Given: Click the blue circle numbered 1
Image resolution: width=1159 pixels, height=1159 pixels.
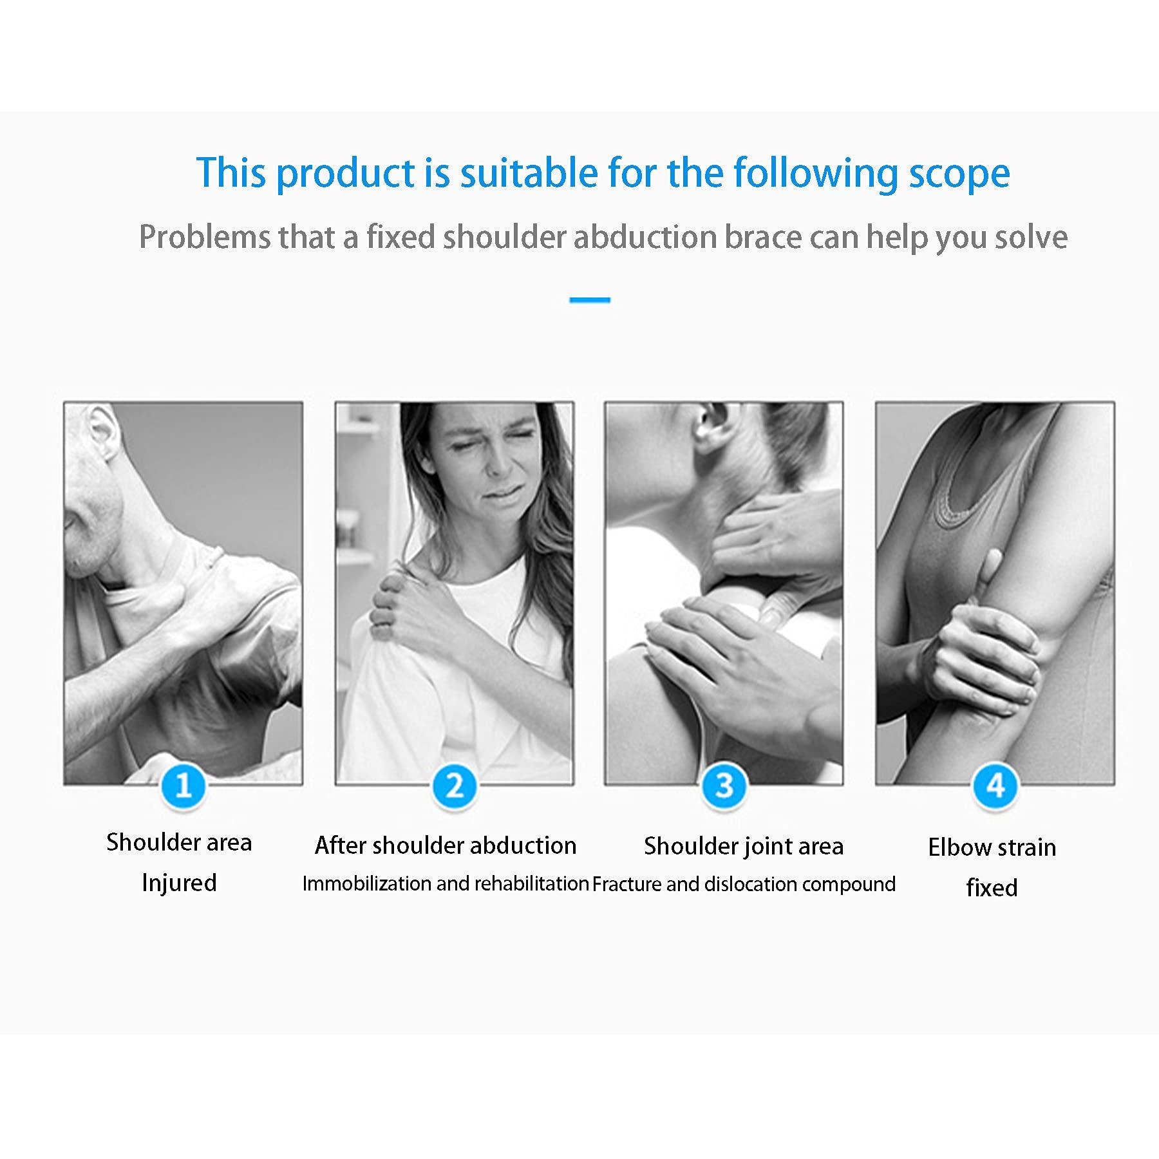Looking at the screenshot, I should coord(184,786).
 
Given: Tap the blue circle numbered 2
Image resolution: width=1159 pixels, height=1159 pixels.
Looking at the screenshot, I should coord(455,786).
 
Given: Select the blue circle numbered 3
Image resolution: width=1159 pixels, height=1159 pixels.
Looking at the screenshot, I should coord(724,786).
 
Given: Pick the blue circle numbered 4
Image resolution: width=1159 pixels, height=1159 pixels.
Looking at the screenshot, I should coord(995,786).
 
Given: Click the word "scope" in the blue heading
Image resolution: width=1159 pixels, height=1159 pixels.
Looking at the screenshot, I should coord(959,173).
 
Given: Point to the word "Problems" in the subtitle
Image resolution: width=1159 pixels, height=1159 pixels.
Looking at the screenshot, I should coord(205,237).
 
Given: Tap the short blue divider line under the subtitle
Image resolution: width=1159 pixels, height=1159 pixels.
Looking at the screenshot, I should coord(590,300).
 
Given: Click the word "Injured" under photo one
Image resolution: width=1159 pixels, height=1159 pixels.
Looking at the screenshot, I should coord(179,883).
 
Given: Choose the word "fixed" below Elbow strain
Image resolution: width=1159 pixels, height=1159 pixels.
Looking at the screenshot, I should coord(992,888).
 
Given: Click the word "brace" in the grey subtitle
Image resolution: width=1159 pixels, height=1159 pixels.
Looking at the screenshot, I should coord(764,237).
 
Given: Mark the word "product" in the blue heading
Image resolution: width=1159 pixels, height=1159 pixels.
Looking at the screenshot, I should coord(346,173).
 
